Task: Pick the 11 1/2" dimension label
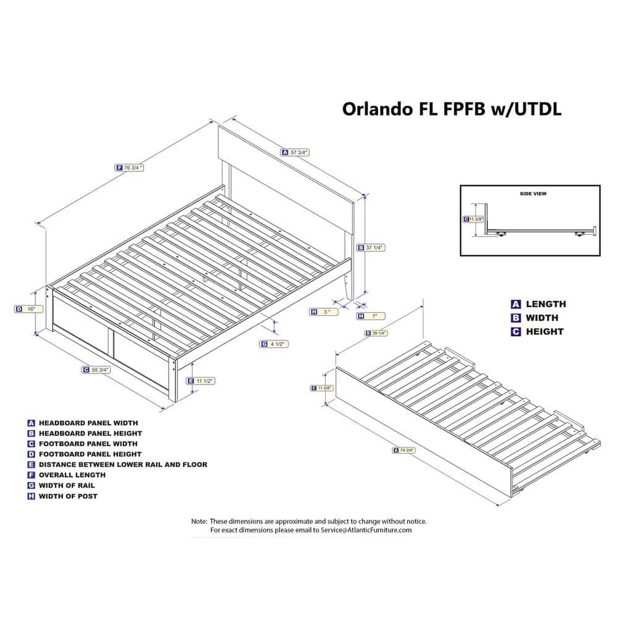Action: click(204, 381)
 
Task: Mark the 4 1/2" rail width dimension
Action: click(279, 344)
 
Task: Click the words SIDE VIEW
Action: click(532, 193)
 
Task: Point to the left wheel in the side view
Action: click(501, 234)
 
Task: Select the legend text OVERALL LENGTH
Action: click(72, 475)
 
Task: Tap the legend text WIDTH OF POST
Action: click(68, 496)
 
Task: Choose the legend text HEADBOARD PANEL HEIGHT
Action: click(90, 433)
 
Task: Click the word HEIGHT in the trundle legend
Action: click(544, 331)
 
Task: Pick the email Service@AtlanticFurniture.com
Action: click(366, 530)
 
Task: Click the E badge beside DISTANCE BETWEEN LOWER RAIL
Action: click(31, 464)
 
